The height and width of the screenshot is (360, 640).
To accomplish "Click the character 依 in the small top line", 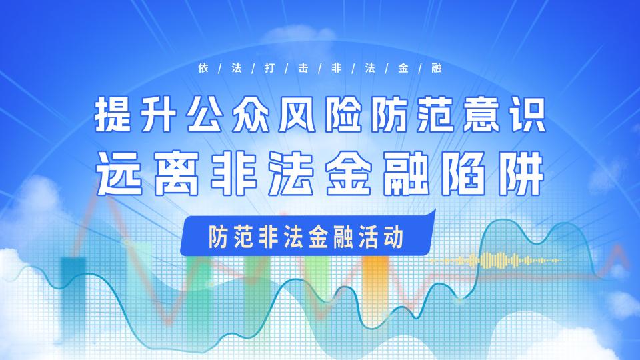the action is [x=203, y=68].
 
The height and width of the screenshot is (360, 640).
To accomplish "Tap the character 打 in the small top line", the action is [x=270, y=68].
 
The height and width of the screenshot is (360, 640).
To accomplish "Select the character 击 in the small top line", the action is [x=303, y=68].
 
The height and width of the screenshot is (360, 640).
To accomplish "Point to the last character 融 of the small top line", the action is [x=437, y=68].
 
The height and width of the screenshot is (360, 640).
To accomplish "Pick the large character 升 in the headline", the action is [x=159, y=115].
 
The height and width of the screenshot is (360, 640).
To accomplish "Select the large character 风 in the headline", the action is [x=297, y=115].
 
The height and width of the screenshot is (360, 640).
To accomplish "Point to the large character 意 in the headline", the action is [x=481, y=115].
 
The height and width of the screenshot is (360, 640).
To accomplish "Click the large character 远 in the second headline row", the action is [x=119, y=173].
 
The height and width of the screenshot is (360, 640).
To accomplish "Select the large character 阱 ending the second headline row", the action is [x=523, y=173].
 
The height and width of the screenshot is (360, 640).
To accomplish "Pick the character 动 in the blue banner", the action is [x=393, y=237].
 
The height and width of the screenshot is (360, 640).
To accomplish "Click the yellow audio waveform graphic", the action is [x=496, y=261].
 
